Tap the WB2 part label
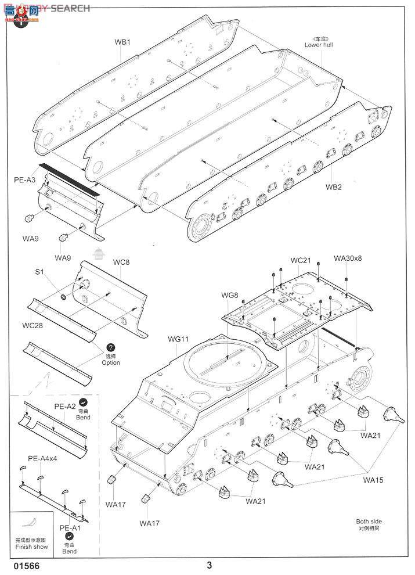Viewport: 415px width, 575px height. click(x=333, y=187)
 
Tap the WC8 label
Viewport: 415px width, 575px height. click(x=121, y=263)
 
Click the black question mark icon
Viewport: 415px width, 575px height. click(x=111, y=347)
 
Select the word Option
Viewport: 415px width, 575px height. click(x=110, y=363)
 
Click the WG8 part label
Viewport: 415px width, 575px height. click(x=229, y=296)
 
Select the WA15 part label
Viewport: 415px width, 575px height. click(x=373, y=480)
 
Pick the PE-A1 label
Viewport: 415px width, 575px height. click(x=70, y=529)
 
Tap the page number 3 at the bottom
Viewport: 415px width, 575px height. click(x=209, y=565)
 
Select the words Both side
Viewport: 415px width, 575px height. click(x=369, y=522)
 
